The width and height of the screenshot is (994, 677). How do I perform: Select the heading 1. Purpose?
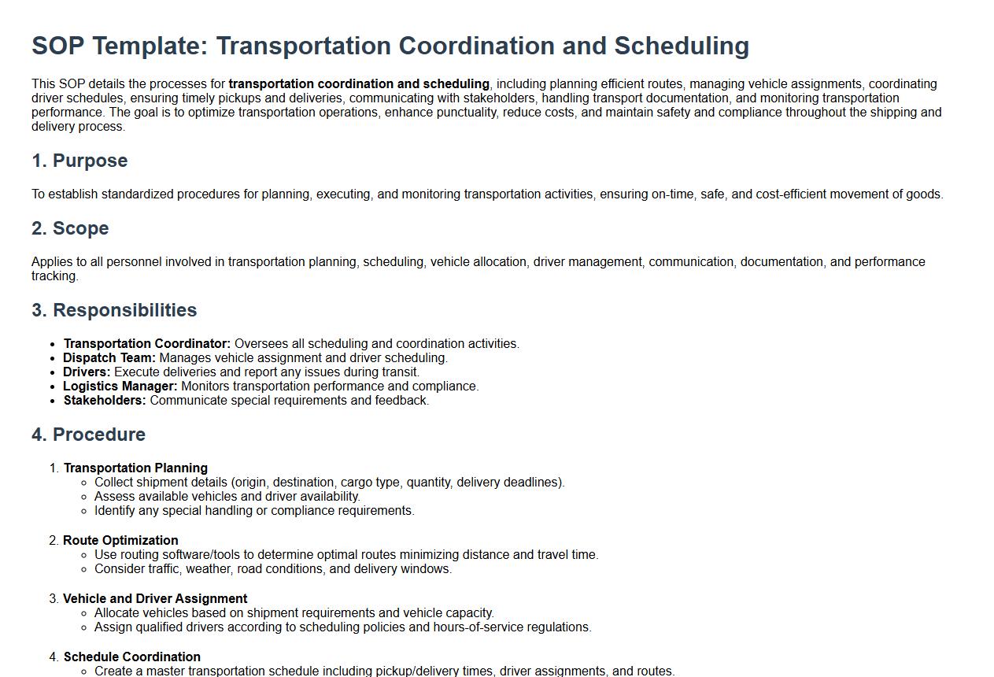(x=79, y=161)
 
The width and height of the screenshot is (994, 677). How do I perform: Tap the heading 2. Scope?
(x=70, y=228)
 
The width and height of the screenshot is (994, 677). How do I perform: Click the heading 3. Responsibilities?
(x=114, y=310)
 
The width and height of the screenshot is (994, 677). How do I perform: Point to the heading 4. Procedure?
(x=88, y=435)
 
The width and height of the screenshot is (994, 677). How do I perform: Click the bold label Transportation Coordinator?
(x=147, y=344)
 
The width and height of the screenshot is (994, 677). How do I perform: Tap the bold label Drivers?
(x=87, y=372)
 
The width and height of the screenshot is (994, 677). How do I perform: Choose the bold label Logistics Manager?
(x=120, y=387)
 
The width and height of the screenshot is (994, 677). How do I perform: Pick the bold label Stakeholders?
(x=105, y=401)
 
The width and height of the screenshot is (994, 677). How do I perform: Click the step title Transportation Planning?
(x=135, y=468)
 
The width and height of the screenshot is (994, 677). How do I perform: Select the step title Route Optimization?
(x=120, y=541)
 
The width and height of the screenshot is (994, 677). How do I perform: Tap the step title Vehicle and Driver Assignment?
(x=155, y=599)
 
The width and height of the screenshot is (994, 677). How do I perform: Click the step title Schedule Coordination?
(x=132, y=657)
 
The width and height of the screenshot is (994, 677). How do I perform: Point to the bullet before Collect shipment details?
(x=84, y=483)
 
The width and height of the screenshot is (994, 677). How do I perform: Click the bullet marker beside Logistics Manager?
(x=53, y=387)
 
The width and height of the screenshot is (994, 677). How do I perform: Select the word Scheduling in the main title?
(x=682, y=46)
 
